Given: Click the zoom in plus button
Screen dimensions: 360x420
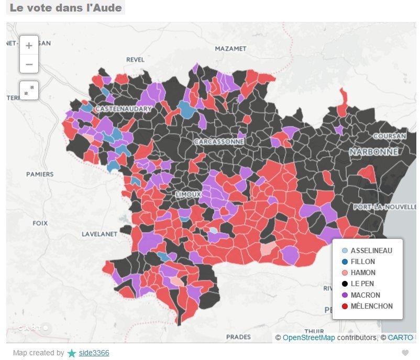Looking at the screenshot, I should (29, 46).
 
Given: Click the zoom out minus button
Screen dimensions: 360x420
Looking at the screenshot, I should (29, 64).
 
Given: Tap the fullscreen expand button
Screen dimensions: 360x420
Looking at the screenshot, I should (29, 90).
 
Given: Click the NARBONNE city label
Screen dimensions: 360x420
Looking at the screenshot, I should (373, 151).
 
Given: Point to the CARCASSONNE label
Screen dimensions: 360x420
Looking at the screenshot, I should (218, 141).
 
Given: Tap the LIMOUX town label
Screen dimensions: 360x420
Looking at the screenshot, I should (188, 194).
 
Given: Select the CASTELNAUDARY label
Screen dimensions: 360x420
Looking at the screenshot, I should (123, 109).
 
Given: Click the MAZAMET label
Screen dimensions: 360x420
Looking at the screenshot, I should (230, 49).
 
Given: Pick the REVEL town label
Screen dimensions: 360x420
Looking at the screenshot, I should (135, 60).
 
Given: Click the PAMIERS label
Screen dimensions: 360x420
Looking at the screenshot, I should (40, 174).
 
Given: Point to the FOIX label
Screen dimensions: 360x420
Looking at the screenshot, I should (40, 223).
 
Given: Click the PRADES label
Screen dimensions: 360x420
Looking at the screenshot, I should (238, 337).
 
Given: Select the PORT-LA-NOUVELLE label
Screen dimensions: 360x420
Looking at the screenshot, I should (384, 207).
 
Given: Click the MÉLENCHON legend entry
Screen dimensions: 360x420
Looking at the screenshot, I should (371, 306).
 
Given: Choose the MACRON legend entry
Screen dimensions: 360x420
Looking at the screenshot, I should (365, 295).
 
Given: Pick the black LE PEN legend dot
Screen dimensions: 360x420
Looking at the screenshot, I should (344, 284).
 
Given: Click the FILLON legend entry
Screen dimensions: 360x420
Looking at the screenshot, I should (362, 261).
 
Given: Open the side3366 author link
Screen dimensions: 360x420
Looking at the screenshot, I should (94, 353).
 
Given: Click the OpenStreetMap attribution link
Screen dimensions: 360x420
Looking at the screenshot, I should (308, 337).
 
